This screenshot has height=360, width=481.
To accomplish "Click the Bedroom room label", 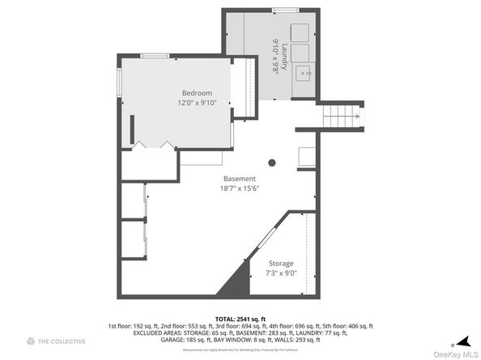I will pyautogui.click(x=197, y=93).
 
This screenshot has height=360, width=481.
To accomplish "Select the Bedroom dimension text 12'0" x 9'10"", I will pyautogui.click(x=197, y=104).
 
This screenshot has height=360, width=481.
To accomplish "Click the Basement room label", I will pyautogui.click(x=240, y=179).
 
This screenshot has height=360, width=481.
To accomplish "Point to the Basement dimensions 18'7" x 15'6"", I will pyautogui.click(x=240, y=189).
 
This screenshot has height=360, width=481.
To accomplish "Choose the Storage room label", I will pyautogui.click(x=281, y=264).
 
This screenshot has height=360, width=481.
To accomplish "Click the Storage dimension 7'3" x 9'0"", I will pyautogui.click(x=281, y=273).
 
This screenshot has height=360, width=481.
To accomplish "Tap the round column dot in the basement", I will pyautogui.click(x=272, y=163).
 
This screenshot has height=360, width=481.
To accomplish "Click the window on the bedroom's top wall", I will pyautogui.click(x=154, y=56).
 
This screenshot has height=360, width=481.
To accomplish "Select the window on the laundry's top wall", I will pyautogui.click(x=283, y=10).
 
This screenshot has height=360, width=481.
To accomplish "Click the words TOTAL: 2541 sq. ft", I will pyautogui.click(x=240, y=320).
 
